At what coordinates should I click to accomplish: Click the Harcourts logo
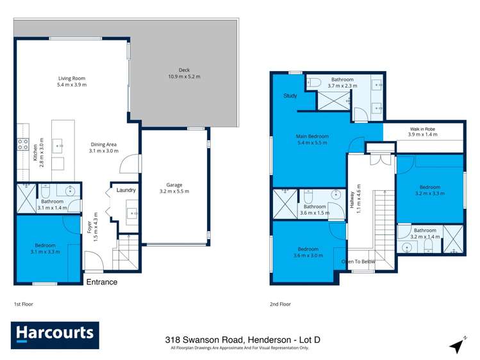[54, 333]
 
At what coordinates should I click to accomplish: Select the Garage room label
[174, 188]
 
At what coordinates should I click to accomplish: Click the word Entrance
[102, 282]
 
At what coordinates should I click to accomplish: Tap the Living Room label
[72, 81]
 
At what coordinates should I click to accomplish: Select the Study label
[290, 96]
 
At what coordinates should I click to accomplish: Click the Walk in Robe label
[424, 131]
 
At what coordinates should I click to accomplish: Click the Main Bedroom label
[312, 140]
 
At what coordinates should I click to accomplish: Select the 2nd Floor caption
[281, 304]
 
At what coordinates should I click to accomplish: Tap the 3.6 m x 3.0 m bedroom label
[308, 253]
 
